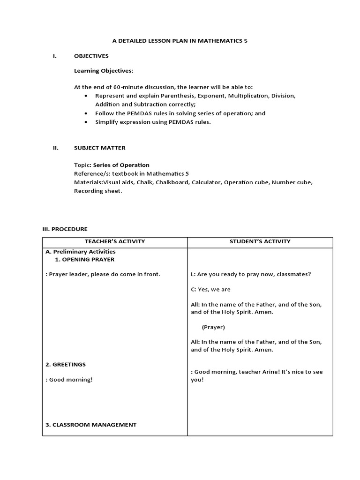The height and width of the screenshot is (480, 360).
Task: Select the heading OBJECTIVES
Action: pyautogui.click(x=91, y=56)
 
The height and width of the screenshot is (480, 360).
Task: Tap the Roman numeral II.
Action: pyautogui.click(x=55, y=148)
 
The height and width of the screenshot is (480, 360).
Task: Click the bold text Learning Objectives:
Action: pyautogui.click(x=104, y=71)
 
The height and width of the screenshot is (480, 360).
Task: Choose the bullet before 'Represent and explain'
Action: pyautogui.click(x=86, y=96)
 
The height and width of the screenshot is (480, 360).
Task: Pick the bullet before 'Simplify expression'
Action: pyautogui.click(x=86, y=122)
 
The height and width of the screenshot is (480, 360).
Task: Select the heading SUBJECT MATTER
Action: pyautogui.click(x=100, y=148)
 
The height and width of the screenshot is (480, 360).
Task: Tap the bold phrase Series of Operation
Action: pyautogui.click(x=121, y=165)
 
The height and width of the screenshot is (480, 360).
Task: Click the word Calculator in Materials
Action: pyautogui.click(x=206, y=182)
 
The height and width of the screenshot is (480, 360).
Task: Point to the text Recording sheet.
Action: pyautogui.click(x=98, y=191)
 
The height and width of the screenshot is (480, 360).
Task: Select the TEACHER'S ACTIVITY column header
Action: pyautogui.click(x=115, y=241)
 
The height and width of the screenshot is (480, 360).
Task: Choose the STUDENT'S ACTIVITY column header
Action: pyautogui.click(x=260, y=241)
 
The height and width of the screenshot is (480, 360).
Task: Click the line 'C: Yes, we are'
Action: pyautogui.click(x=211, y=289)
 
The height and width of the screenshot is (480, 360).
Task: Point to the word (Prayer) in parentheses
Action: pyautogui.click(x=213, y=327)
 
